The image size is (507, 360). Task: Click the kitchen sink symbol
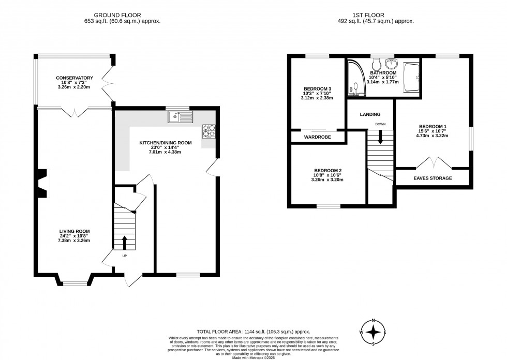[180, 116]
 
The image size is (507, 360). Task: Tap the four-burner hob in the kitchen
[208, 131]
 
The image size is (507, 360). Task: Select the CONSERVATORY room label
[74, 78]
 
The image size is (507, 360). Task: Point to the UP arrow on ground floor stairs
[124, 242]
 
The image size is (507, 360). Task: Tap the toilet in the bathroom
[376, 64]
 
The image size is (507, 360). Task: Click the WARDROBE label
[318, 137]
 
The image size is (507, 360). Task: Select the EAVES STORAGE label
[433, 178]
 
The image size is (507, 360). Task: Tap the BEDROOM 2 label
[327, 171]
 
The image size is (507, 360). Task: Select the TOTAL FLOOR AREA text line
[253, 331]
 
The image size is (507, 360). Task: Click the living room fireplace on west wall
[43, 183]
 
